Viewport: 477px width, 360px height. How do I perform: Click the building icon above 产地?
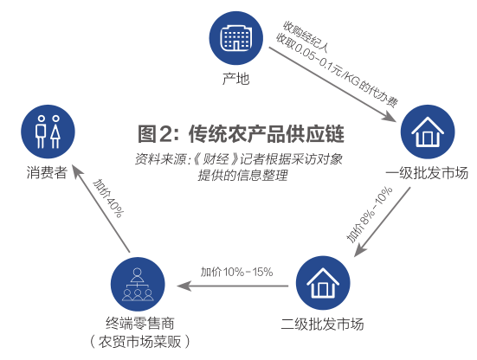tap(236, 38)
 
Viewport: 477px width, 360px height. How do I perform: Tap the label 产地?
tap(235, 79)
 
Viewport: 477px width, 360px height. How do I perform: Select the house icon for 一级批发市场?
tap(428, 132)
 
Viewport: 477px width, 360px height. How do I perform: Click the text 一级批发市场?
tap(427, 173)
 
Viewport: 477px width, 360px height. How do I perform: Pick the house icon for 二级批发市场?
tap(323, 283)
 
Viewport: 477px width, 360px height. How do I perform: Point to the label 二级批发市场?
tap(322, 325)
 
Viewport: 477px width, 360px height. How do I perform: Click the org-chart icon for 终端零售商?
tap(138, 285)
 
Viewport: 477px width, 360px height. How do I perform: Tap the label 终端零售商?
tap(140, 324)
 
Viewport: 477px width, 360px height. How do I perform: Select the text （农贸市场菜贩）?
tap(140, 342)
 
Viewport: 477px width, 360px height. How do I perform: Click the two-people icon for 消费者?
tap(48, 132)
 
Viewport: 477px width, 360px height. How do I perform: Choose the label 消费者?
tap(47, 173)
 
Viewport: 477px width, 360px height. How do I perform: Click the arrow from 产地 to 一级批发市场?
tap(332, 84)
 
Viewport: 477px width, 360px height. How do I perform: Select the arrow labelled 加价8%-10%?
tap(382, 222)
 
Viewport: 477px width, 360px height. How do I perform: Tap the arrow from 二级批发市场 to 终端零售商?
tap(232, 286)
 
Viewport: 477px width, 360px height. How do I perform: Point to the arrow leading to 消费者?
tap(101, 209)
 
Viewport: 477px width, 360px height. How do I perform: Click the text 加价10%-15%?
tap(236, 272)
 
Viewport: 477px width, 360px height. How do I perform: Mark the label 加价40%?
tap(108, 198)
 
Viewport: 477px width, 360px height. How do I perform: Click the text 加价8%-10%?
tap(369, 215)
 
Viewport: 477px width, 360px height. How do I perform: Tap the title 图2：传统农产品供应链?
tap(241, 133)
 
